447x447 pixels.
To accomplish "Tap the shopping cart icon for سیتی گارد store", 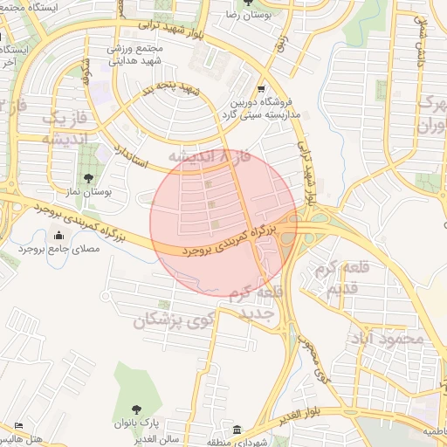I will click(262, 90).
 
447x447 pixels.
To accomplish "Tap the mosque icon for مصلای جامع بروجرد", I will click(58, 235).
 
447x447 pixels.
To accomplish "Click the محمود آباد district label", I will click(386, 337).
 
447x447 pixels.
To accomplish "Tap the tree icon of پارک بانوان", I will click(135, 409).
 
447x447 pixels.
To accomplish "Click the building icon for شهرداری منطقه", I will click(237, 430).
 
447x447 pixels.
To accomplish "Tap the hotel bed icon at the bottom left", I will click(19, 426).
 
